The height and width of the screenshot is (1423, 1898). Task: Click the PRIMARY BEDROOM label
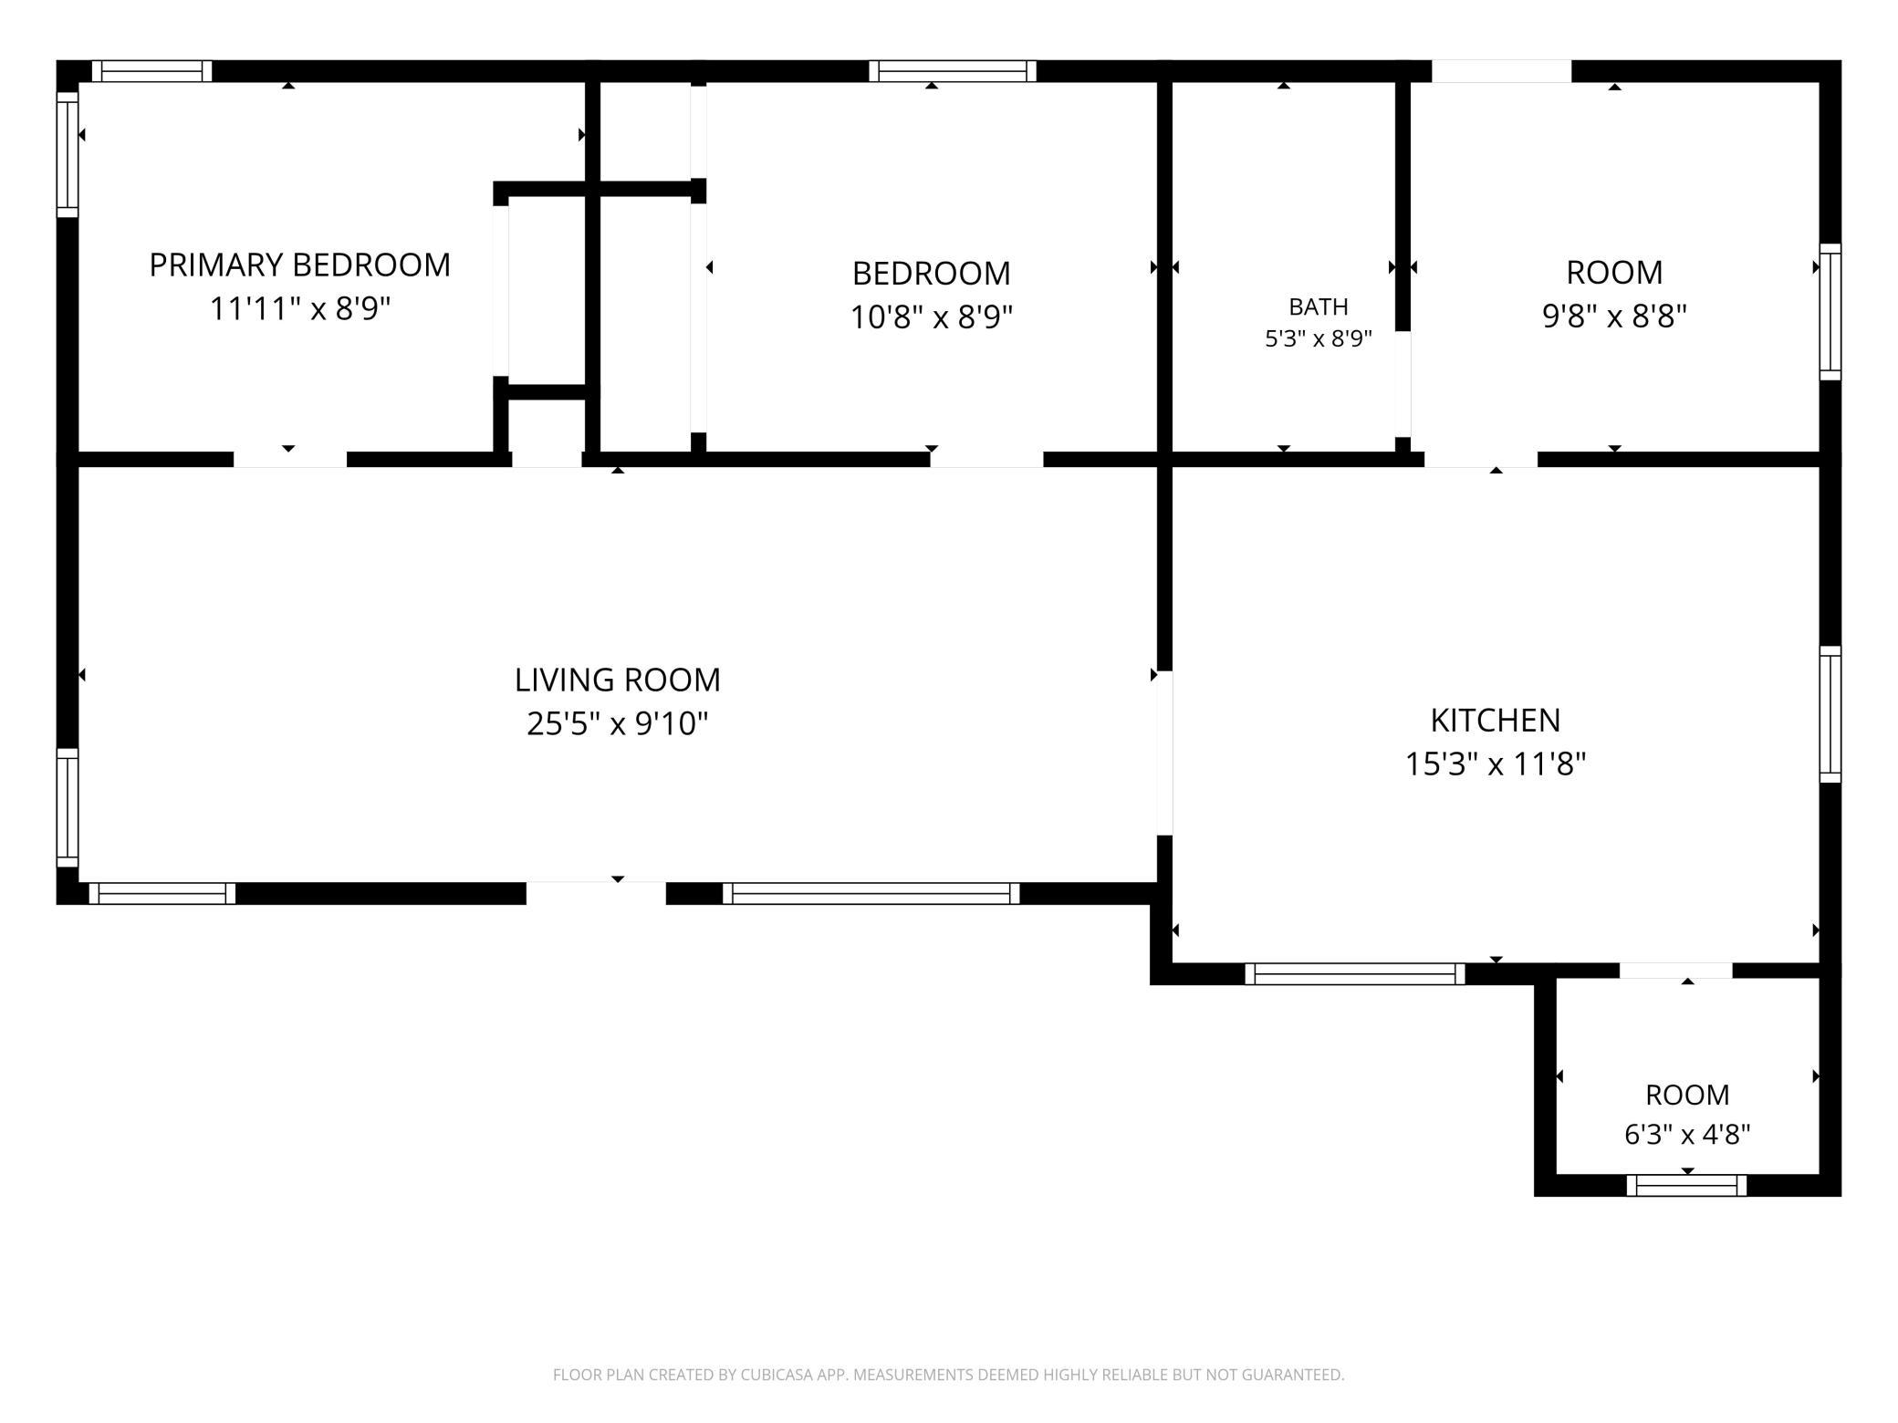pyautogui.click(x=300, y=265)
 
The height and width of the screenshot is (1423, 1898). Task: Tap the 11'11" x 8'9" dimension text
pyautogui.click(x=300, y=308)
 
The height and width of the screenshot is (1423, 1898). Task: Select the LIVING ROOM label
pyautogui.click(x=618, y=680)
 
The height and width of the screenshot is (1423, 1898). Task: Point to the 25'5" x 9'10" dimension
pyautogui.click(x=618, y=723)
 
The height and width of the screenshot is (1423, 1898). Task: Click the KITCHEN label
pyautogui.click(x=1496, y=720)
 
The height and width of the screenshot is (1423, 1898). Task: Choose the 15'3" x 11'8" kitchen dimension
pyautogui.click(x=1496, y=763)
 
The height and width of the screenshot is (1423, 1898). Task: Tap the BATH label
pyautogui.click(x=1319, y=306)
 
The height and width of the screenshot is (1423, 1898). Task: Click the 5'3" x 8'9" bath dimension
pyautogui.click(x=1319, y=338)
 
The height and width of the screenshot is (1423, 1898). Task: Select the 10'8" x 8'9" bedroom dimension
pyautogui.click(x=932, y=317)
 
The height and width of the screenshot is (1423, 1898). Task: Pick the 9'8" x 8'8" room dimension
pyautogui.click(x=1614, y=316)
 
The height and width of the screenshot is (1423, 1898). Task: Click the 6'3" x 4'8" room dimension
pyautogui.click(x=1687, y=1134)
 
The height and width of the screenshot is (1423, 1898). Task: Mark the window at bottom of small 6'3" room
pyautogui.click(x=1686, y=1185)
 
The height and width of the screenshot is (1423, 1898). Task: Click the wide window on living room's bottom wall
pyautogui.click(x=871, y=894)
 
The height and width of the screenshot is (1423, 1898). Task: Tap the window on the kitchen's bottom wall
pyautogui.click(x=1355, y=974)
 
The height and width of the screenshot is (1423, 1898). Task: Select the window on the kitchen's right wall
pyautogui.click(x=1830, y=714)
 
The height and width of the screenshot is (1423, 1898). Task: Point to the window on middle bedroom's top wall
pyautogui.click(x=953, y=71)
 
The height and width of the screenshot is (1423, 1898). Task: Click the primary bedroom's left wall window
pyautogui.click(x=68, y=154)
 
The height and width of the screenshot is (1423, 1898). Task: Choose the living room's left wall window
pyautogui.click(x=68, y=807)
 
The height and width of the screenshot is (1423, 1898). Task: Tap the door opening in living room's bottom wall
pyautogui.click(x=596, y=893)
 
